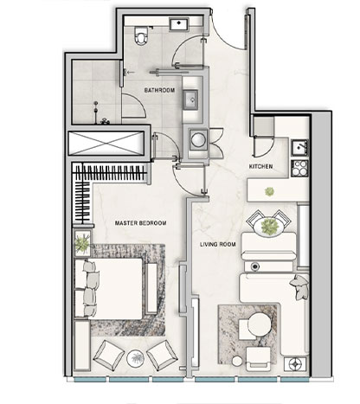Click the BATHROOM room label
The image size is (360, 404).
click(159, 90)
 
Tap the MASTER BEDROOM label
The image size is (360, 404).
click(140, 223)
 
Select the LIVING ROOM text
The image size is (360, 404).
click(218, 245)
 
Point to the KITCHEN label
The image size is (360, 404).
click(260, 167)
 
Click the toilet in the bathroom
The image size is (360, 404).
click(141, 35)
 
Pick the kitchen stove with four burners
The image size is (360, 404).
click(299, 168)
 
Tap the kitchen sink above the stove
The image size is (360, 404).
click(299, 147)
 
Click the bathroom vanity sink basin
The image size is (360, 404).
click(190, 99)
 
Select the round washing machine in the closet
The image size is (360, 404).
click(198, 139)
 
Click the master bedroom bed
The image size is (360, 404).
click(109, 289)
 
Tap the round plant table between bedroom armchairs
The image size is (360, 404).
click(136, 358)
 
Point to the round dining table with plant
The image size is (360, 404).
click(270, 226)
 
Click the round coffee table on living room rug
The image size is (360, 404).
click(260, 324)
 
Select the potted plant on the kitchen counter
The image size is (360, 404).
click(269, 191)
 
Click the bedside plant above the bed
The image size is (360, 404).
click(82, 243)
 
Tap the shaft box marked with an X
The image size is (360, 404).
click(106, 143)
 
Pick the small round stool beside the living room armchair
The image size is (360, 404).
click(238, 362)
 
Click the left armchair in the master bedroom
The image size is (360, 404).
click(108, 355)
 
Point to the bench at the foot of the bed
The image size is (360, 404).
click(151, 288)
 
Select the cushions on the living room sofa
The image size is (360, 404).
click(299, 287)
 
